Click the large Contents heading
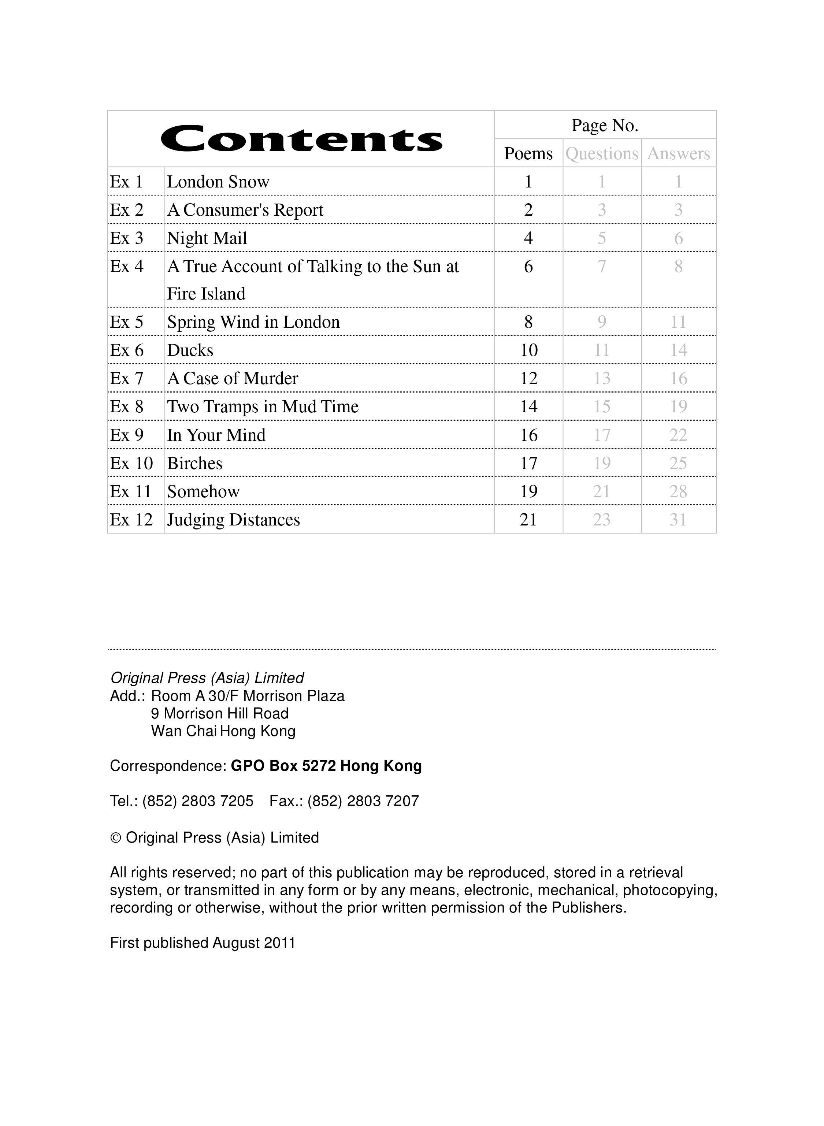point(301,139)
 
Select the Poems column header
point(528,153)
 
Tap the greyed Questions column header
point(602,153)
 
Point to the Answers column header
point(678,153)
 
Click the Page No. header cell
point(605,125)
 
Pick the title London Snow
point(218,182)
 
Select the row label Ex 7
point(127,379)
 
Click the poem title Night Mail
point(207,238)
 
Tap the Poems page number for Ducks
point(529,350)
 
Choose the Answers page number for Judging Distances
point(678,520)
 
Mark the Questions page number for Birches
point(602,463)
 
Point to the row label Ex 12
point(131,520)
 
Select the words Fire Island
point(206,294)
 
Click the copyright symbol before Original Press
point(115,838)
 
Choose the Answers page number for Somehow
point(678,492)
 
